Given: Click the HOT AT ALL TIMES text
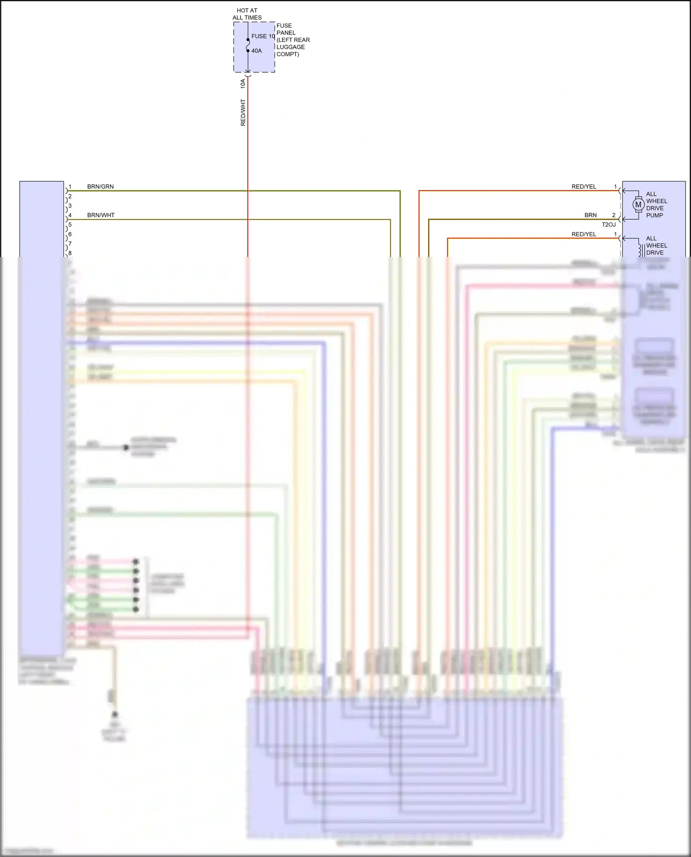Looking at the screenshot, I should tap(247, 14).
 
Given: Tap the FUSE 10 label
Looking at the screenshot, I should tap(263, 36).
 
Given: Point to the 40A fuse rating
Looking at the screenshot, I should tap(257, 51).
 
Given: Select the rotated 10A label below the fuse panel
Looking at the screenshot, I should tap(243, 83).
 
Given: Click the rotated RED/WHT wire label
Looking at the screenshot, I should tap(243, 112).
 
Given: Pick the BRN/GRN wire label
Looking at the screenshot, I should tap(100, 187).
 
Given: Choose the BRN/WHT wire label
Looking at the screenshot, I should tap(101, 215).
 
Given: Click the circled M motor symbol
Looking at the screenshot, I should tap(638, 204).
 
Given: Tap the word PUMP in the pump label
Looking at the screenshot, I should tap(655, 215).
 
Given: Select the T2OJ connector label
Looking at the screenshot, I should tap(609, 225).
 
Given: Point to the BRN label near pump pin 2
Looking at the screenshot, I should tap(591, 215).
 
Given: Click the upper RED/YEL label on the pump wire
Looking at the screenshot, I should tap(584, 187).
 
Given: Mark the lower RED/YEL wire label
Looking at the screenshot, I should tap(584, 234).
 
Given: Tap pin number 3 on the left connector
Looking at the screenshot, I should tap(70, 206).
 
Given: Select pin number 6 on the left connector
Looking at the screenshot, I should tap(70, 234).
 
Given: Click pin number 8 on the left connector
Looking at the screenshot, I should tap(70, 253).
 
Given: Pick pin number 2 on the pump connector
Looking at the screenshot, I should tap(614, 215).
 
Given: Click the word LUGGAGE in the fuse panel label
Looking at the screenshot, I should tap(291, 47).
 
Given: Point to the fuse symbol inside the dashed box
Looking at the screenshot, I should tap(248, 45).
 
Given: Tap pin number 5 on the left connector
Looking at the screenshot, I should tap(70, 225).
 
